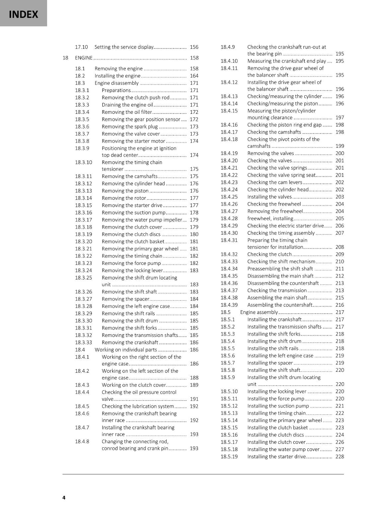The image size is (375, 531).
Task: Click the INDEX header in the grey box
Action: coord(23,14)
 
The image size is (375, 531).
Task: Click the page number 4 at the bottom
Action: coord(64,497)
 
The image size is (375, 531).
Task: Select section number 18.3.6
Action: coord(82,126)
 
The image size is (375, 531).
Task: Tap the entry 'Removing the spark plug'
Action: coord(129,126)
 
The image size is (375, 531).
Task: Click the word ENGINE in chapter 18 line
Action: coord(84,58)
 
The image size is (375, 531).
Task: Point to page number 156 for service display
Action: coord(194,47)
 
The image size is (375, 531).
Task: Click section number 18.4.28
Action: coord(229,218)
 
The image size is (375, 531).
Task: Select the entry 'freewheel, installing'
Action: coord(270,218)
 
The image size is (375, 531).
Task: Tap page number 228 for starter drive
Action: coord(339,456)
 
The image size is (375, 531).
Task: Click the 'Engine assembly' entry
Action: coord(259,312)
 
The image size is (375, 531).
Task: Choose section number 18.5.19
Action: coord(229,456)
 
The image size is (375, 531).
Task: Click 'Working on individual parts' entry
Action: coord(125,349)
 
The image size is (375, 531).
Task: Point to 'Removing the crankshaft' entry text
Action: coord(129,342)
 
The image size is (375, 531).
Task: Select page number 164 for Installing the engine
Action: coord(194,76)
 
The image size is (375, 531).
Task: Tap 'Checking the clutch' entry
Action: coord(269,254)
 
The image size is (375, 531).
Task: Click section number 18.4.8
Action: coord(82,441)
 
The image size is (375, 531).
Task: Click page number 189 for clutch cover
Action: coord(194,385)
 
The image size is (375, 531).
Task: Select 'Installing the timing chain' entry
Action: coord(276,413)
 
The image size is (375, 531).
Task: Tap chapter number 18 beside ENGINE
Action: coord(65,58)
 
